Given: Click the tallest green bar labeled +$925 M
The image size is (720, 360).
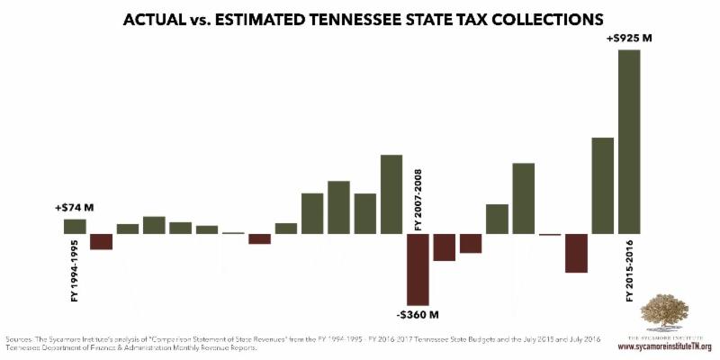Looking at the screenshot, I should (629, 141).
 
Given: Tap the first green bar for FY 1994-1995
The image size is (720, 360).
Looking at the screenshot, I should (75, 226).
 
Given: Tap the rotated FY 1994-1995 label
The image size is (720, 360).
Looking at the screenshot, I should (75, 270).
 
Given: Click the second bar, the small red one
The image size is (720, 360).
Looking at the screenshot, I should (101, 241).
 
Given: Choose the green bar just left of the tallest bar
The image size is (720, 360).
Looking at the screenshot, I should (602, 185).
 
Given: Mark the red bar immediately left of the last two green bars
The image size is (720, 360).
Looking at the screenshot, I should (576, 253).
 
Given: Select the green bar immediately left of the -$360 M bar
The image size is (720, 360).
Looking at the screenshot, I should (391, 193).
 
